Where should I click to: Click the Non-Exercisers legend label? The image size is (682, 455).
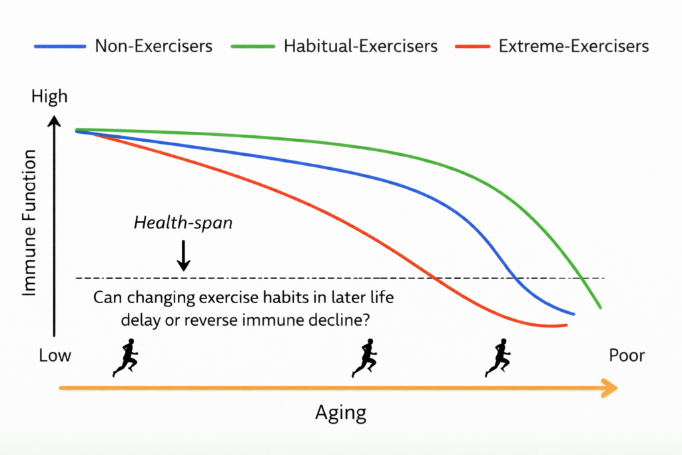[x=154, y=46]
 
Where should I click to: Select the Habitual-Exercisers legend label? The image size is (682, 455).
[x=360, y=46]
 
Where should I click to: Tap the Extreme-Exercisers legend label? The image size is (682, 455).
[x=573, y=46]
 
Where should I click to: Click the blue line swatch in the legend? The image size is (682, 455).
[x=60, y=46]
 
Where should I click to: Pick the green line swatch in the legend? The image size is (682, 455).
[x=253, y=46]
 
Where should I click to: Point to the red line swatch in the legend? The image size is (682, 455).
[x=472, y=46]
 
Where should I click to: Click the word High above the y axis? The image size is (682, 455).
[x=49, y=97]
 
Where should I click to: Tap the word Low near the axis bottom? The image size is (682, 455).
[x=55, y=355]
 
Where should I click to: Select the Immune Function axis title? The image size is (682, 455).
[x=29, y=223]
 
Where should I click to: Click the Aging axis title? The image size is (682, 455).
[x=340, y=413]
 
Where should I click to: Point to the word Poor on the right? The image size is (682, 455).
[x=627, y=355]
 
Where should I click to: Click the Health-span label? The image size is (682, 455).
[x=183, y=223]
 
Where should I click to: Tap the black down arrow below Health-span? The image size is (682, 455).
[x=184, y=255]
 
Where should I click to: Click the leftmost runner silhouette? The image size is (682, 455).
[x=126, y=358]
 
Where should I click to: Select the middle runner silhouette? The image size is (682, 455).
[x=364, y=358]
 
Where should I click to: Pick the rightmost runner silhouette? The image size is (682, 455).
[x=498, y=358]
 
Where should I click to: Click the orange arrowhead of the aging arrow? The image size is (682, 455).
[x=610, y=388]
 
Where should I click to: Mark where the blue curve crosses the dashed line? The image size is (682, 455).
[x=515, y=278]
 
